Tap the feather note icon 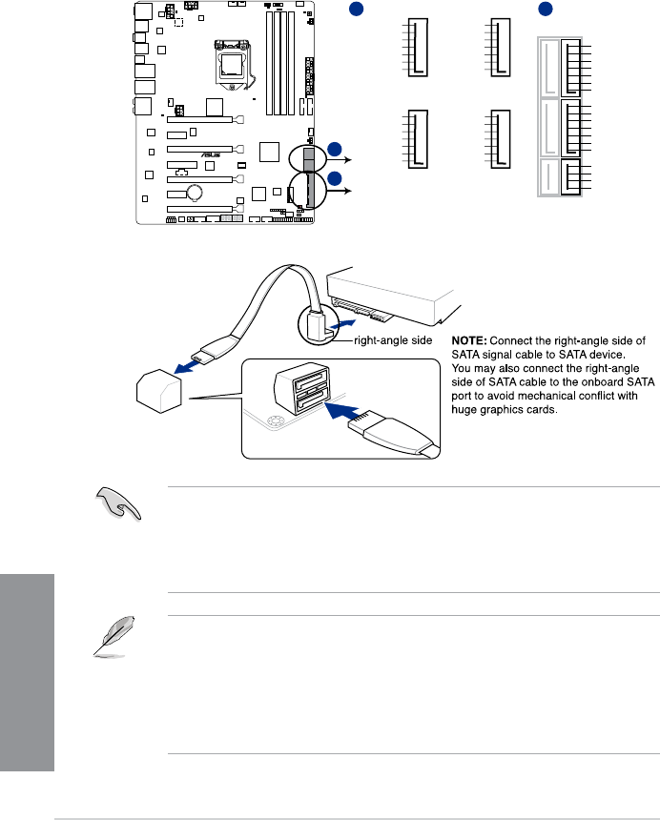pos(113,638)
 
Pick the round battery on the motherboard pos(196,193)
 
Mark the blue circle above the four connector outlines pos(353,10)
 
